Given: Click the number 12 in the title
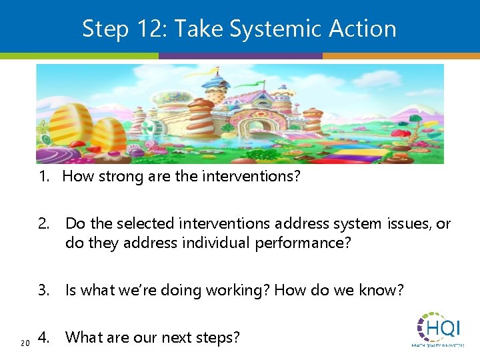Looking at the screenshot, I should [147, 29].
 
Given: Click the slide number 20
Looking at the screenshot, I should [25, 343].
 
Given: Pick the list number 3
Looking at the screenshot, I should [43, 290].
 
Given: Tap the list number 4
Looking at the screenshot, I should [43, 337].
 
